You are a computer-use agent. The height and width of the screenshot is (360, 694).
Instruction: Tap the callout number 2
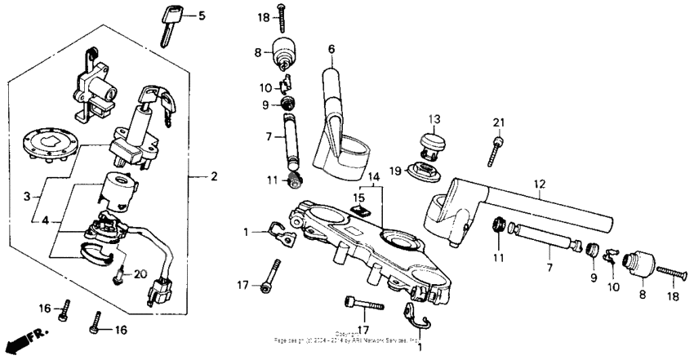(x=214, y=176)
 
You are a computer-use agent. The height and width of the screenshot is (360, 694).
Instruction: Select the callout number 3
(x=26, y=197)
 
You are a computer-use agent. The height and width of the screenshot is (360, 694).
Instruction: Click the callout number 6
(x=331, y=50)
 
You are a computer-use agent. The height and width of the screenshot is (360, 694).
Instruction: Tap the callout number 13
(x=434, y=118)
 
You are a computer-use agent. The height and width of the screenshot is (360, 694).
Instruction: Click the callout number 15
(x=358, y=198)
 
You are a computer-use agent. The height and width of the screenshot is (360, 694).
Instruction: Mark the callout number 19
(x=394, y=171)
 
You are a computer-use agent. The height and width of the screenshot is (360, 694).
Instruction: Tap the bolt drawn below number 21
(x=495, y=151)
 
